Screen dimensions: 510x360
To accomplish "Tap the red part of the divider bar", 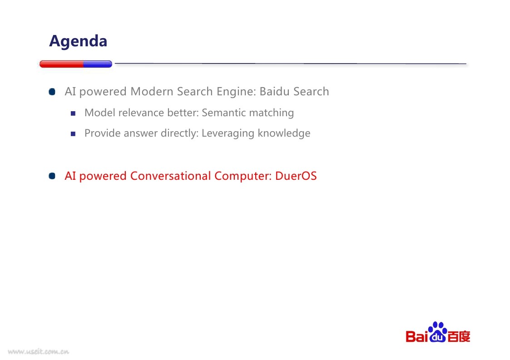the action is pyautogui.click(x=61, y=64).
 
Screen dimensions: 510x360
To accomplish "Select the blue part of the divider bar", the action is pyautogui.click(x=98, y=64).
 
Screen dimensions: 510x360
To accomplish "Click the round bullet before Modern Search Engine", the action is pyautogui.click(x=52, y=92).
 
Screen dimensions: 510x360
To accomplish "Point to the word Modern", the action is pyautogui.click(x=152, y=91).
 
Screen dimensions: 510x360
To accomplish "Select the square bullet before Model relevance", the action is pyautogui.click(x=73, y=113).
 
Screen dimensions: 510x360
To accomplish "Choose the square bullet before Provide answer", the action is pyautogui.click(x=73, y=133).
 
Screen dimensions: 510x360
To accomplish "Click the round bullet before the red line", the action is pyautogui.click(x=52, y=176).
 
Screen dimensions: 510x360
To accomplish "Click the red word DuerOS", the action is pyautogui.click(x=296, y=176).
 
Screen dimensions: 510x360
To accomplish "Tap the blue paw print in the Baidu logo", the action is pyautogui.click(x=438, y=332).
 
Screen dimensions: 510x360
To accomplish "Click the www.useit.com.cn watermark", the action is pyautogui.click(x=39, y=351).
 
